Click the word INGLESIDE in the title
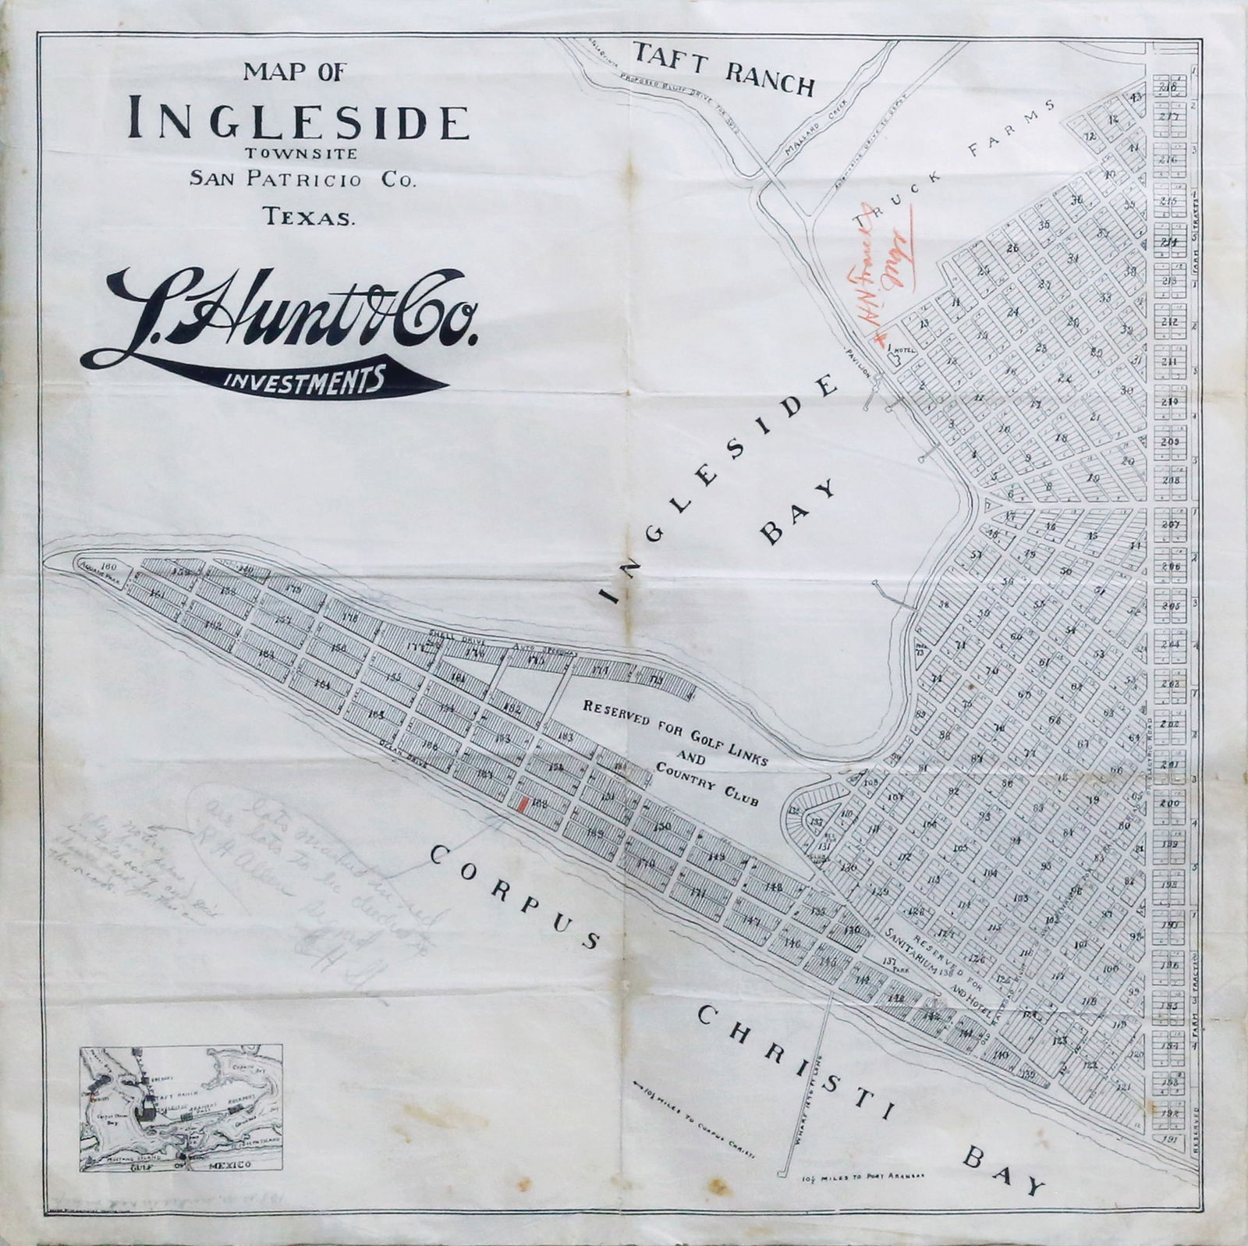point(298,119)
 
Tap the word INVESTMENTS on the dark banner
point(304,380)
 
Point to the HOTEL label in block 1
point(903,350)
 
